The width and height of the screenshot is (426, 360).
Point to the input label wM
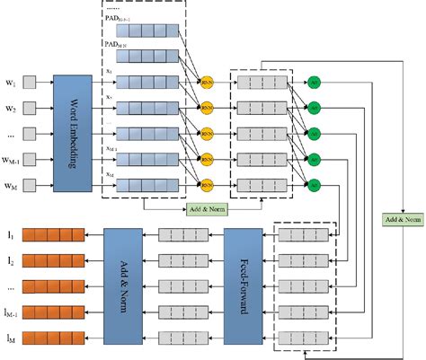10,185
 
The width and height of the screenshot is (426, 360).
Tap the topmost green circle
313,82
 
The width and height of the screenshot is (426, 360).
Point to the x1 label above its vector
109,73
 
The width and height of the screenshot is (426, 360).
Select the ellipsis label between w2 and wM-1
10,135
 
